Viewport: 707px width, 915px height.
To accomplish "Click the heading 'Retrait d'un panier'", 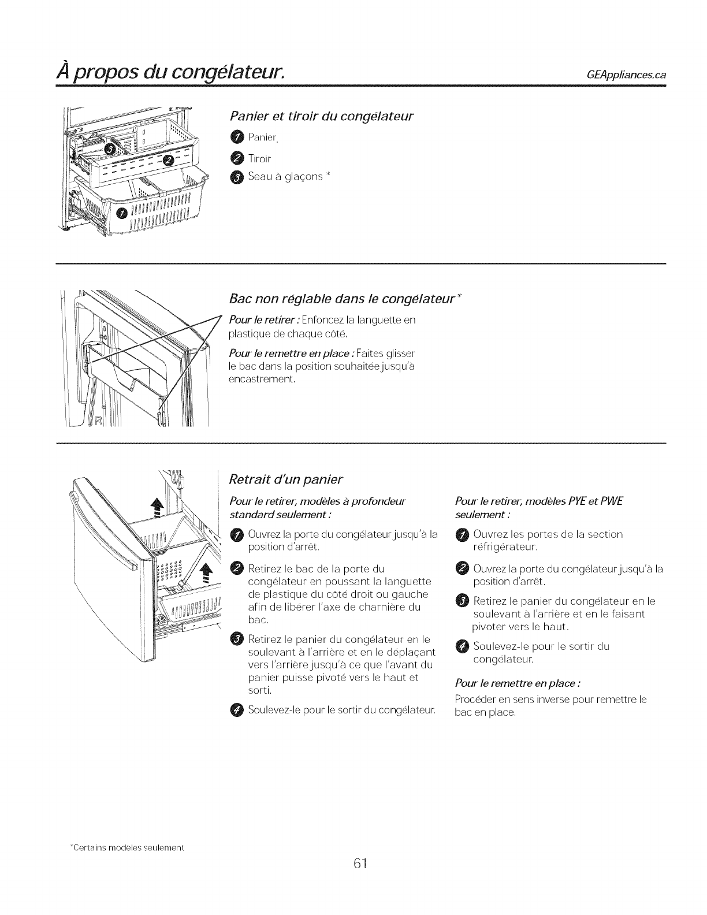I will click(x=286, y=479).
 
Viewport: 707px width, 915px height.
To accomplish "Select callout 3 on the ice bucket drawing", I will click(x=108, y=151).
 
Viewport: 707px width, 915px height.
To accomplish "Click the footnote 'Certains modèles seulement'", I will click(x=127, y=848).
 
